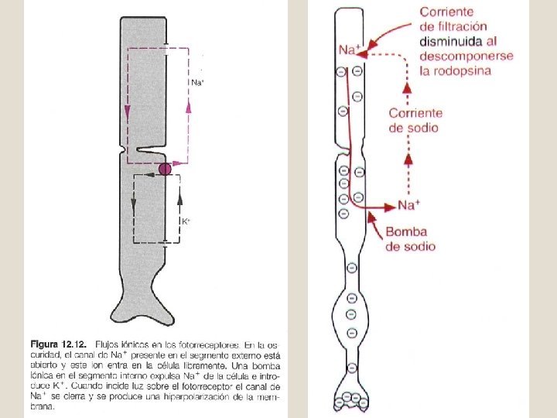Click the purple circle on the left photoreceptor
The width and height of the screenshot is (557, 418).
click(165, 170)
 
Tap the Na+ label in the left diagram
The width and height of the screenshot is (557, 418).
click(197, 82)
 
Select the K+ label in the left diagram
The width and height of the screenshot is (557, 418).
click(186, 221)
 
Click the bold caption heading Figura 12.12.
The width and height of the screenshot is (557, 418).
click(59, 343)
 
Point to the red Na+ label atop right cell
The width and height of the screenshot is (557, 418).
click(350, 50)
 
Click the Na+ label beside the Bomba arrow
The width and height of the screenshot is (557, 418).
click(408, 205)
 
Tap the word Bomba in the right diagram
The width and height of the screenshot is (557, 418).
click(406, 232)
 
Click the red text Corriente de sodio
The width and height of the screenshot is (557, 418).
click(415, 120)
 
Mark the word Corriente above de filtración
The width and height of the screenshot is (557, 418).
click(447, 12)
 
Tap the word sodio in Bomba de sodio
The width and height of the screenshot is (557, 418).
click(419, 246)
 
